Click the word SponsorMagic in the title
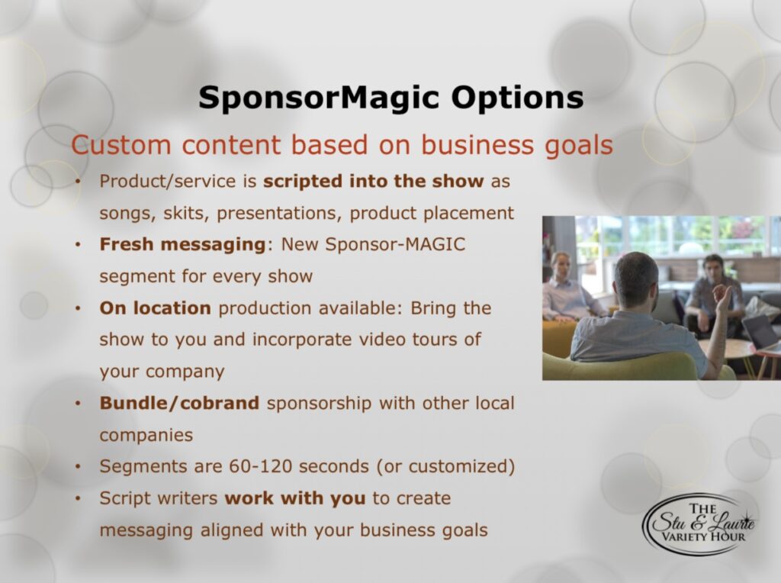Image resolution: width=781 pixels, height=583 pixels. [x=319, y=98]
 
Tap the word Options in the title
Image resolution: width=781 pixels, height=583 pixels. [x=518, y=98]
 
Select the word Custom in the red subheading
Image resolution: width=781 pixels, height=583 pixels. [x=121, y=145]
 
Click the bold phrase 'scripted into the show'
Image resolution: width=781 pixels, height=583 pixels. [x=374, y=181]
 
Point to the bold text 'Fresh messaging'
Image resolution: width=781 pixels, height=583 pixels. [x=182, y=245]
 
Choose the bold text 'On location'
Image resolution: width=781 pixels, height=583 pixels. [x=156, y=308]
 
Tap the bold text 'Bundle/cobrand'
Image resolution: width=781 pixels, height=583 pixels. [x=179, y=403]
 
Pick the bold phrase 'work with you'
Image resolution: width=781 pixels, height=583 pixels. [x=295, y=498]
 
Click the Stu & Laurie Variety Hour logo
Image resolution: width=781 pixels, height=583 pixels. [x=699, y=523]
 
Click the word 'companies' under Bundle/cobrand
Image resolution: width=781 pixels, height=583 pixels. [x=146, y=435]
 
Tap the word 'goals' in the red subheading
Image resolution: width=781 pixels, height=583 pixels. [x=579, y=146]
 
